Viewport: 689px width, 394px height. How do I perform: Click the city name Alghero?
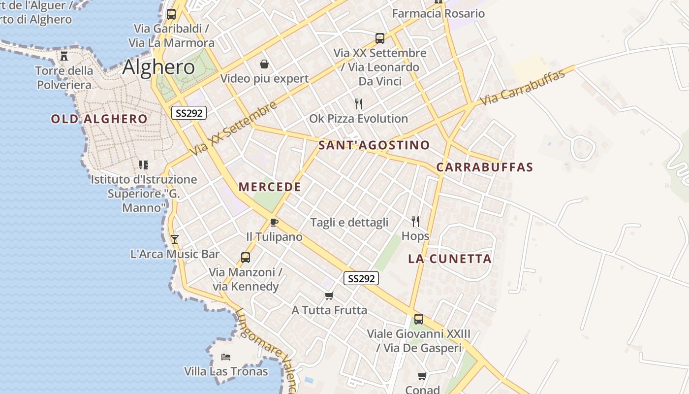(158, 67)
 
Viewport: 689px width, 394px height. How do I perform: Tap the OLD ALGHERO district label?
(99, 119)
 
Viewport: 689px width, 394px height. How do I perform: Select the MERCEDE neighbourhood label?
(270, 187)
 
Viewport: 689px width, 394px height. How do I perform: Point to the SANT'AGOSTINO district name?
(374, 145)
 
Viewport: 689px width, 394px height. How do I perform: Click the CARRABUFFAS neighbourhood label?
(485, 167)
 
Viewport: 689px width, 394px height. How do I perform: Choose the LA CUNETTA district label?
(450, 259)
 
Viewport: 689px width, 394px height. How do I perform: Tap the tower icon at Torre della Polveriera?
(64, 56)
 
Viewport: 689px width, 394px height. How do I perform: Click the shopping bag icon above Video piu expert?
(264, 64)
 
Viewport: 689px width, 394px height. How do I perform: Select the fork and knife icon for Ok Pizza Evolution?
(359, 104)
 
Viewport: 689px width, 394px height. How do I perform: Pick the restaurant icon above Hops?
(415, 222)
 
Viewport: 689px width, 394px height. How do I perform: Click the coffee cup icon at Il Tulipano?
(274, 222)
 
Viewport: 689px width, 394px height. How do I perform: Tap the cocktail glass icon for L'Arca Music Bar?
(174, 239)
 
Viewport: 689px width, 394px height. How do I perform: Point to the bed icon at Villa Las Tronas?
(226, 357)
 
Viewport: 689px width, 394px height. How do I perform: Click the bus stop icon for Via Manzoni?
(245, 257)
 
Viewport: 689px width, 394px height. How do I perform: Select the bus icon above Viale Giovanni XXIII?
(418, 319)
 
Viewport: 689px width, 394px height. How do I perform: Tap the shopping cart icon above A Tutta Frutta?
(329, 295)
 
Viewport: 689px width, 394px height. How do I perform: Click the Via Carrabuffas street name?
(522, 87)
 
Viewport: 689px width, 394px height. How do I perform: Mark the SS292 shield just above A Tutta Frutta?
(361, 278)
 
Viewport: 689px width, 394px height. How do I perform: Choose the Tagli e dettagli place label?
(349, 222)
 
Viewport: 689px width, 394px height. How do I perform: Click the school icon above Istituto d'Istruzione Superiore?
(143, 164)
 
